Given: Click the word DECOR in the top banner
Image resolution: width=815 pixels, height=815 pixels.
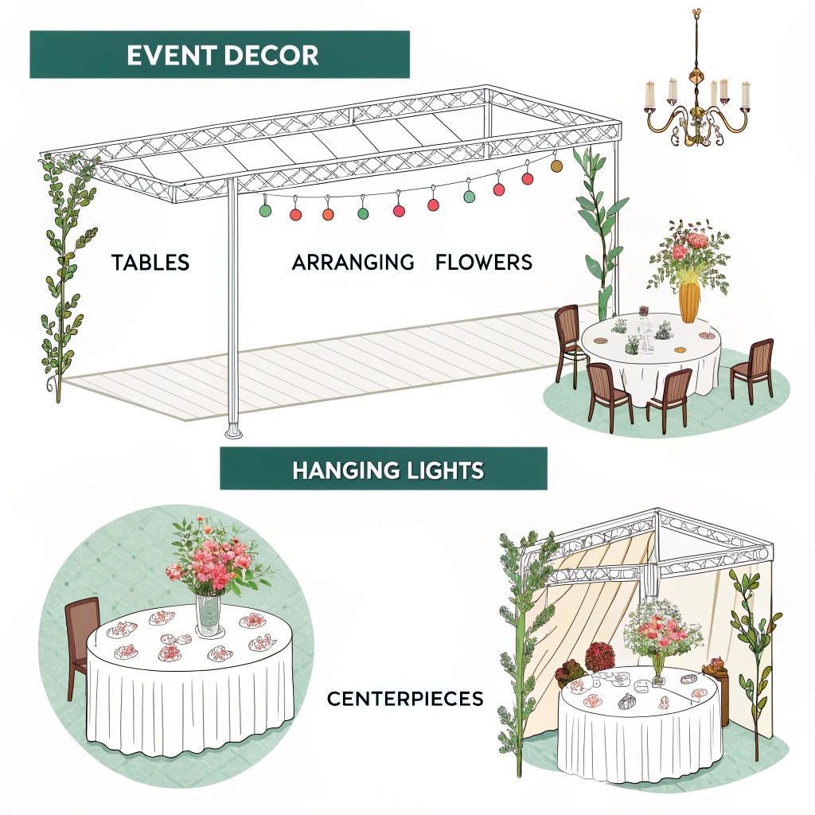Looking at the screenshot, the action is click(271, 55).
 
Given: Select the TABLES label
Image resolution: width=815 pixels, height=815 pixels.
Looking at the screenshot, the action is click(150, 263).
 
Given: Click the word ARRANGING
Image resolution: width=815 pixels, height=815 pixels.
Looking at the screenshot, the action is click(353, 262).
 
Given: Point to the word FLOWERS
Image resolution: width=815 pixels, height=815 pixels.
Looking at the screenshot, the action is click(484, 262).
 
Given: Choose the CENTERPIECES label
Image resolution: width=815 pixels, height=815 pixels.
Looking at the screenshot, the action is click(405, 700).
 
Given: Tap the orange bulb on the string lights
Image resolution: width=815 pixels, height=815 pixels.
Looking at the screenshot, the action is click(328, 213).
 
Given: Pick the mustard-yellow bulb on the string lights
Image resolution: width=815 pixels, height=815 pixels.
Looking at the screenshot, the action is click(556, 166).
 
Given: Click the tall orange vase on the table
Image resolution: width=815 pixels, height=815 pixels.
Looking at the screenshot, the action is click(688, 299).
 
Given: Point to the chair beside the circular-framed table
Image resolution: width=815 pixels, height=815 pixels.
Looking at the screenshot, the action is click(80, 637).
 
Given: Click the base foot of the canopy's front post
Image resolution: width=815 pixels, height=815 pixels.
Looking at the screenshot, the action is click(234, 432).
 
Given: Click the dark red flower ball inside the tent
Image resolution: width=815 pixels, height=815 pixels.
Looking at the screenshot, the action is click(599, 657).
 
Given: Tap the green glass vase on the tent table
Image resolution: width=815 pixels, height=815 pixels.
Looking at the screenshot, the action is click(658, 669).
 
